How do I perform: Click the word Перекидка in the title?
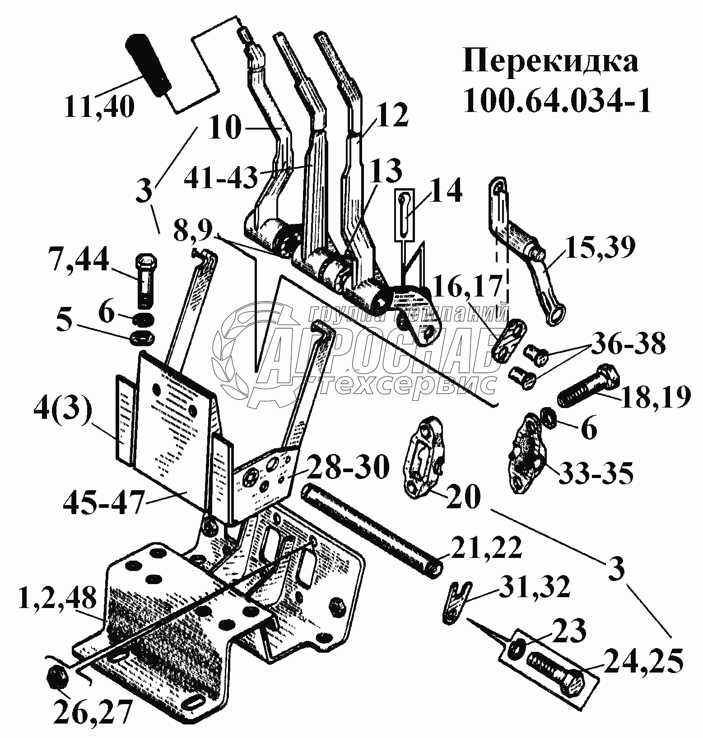pos(550,63)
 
